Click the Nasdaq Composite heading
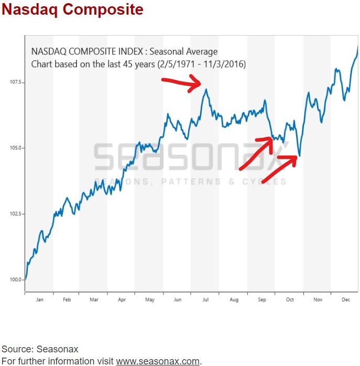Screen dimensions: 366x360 click(72, 10)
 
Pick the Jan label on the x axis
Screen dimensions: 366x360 click(39, 300)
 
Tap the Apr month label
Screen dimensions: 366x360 click(122, 300)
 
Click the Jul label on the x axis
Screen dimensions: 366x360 click(205, 300)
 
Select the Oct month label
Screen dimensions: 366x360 click(289, 300)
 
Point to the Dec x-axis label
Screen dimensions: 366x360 click(345, 300)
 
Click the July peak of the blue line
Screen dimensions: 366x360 click(206, 90)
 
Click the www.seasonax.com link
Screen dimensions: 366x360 click(158, 361)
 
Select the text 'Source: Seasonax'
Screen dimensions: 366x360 click(39, 349)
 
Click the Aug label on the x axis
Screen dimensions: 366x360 click(234, 300)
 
